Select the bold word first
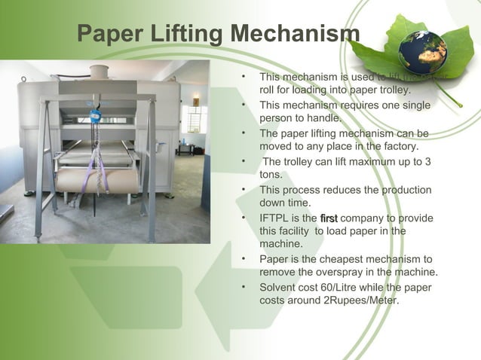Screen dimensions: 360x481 (329, 218)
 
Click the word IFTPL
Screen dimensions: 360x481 (275, 218)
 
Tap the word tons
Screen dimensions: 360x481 (271, 174)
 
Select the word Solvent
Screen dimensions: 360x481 (278, 288)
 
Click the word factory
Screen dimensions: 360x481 (399, 146)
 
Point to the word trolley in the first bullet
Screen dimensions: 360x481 (394, 90)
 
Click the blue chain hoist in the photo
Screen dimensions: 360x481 (96, 117)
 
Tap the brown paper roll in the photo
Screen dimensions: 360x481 (98, 180)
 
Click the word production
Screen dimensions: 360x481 (405, 191)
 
